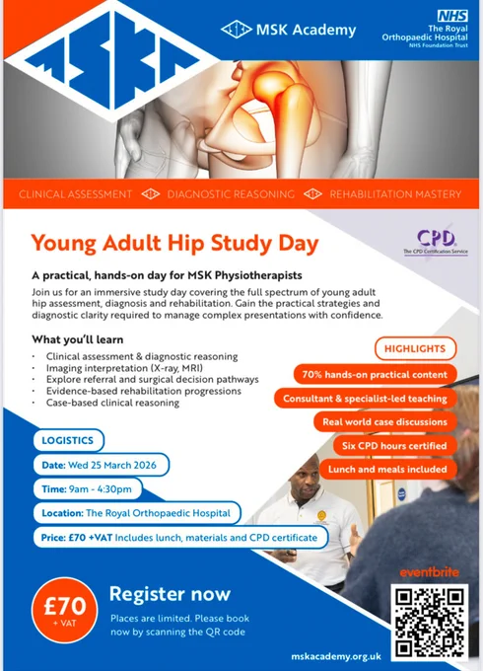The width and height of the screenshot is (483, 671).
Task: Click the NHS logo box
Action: [452, 16]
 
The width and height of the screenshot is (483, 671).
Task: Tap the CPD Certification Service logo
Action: [436, 242]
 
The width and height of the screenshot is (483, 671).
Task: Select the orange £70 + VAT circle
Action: [64, 610]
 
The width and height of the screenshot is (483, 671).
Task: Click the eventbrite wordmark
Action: [429, 572]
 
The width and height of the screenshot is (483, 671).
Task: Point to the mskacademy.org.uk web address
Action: [336, 656]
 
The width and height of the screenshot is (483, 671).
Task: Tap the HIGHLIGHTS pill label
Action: [415, 348]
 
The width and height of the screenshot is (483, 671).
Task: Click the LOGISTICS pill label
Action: [68, 440]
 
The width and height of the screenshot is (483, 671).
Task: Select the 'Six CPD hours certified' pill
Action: [394, 445]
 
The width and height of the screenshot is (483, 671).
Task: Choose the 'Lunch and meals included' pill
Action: [387, 469]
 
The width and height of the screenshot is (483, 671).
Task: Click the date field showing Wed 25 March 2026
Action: [101, 465]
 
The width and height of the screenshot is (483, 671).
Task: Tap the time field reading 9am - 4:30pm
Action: [87, 489]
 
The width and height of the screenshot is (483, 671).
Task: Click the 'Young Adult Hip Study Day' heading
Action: [174, 244]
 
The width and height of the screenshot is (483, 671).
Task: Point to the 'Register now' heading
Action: [170, 594]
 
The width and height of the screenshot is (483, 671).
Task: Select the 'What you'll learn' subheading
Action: [77, 339]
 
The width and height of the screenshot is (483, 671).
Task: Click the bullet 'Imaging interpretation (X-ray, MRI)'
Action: [124, 368]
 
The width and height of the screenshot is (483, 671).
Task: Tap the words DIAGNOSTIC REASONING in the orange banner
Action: [231, 194]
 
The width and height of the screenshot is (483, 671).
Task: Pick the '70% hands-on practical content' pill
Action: [375, 374]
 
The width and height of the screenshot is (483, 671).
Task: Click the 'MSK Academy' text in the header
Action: [306, 30]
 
